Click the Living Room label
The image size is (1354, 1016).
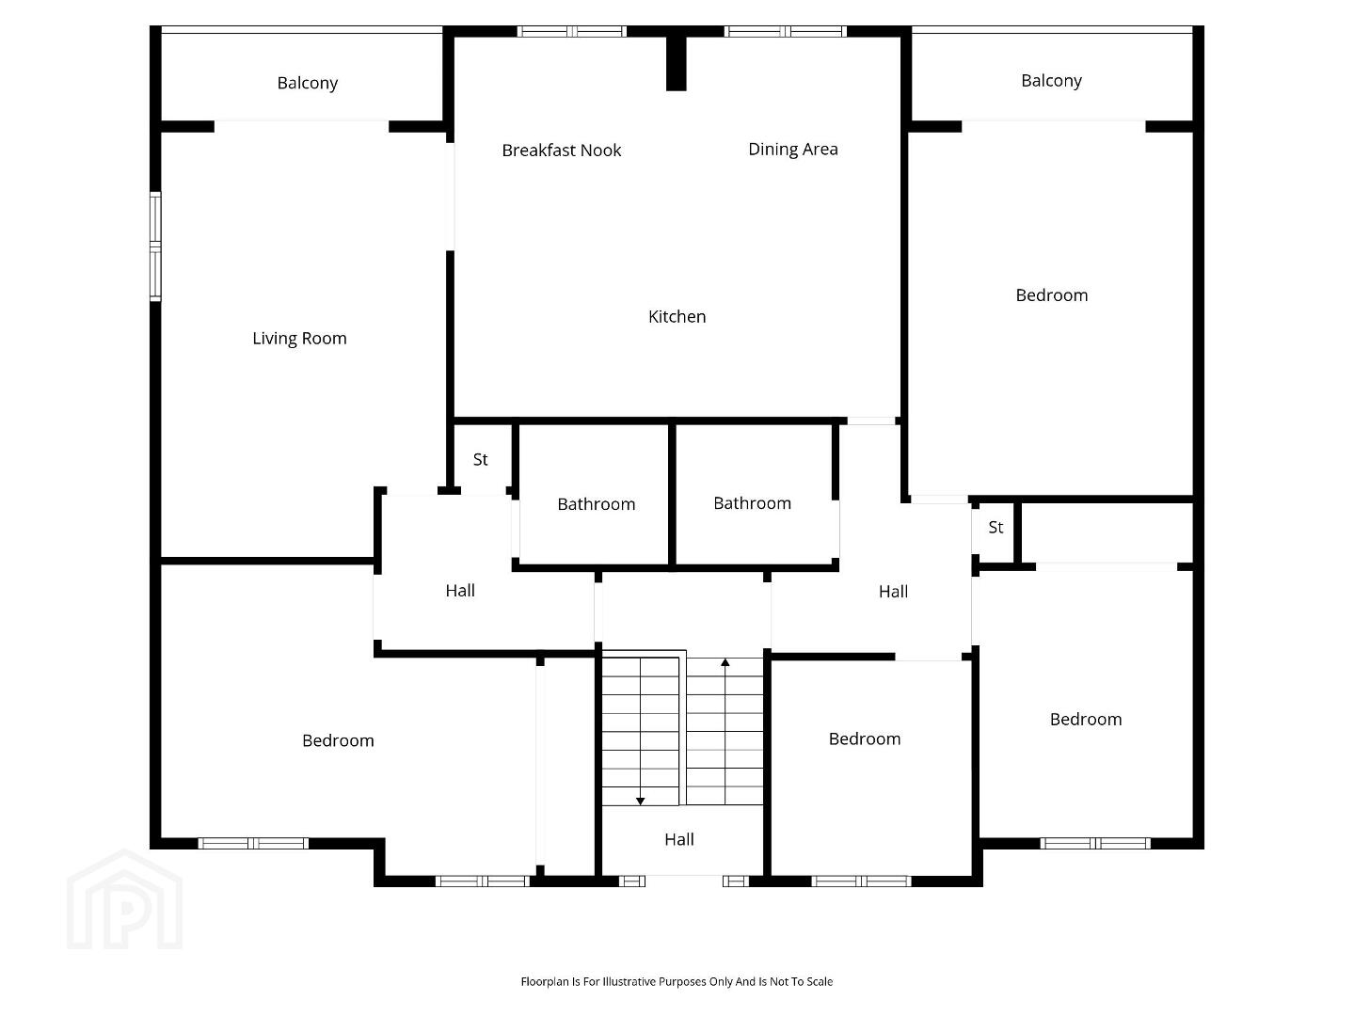[x=299, y=339]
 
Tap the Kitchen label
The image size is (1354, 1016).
[x=677, y=317]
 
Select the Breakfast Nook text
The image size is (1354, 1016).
[x=562, y=151]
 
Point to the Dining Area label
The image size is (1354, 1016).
[x=792, y=150]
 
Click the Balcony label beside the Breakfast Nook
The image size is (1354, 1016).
[x=307, y=83]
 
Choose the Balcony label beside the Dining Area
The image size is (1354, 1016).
[x=1051, y=81]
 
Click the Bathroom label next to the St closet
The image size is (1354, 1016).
[x=596, y=504]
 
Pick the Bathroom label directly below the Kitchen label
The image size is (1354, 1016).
[x=752, y=503]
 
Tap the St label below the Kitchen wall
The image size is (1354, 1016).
[x=480, y=459]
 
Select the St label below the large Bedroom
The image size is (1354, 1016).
[x=996, y=527]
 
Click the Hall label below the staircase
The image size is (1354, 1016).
[x=679, y=839]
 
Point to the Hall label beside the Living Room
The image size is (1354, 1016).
[x=460, y=591]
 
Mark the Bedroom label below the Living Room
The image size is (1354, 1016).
[x=338, y=740]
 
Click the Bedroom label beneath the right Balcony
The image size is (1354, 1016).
[x=1052, y=295]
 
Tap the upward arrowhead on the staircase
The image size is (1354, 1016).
[x=725, y=662]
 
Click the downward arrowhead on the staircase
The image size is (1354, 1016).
[x=640, y=801]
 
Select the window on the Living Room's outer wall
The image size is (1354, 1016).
[x=155, y=246]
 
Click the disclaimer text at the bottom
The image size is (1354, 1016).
[x=677, y=981]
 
